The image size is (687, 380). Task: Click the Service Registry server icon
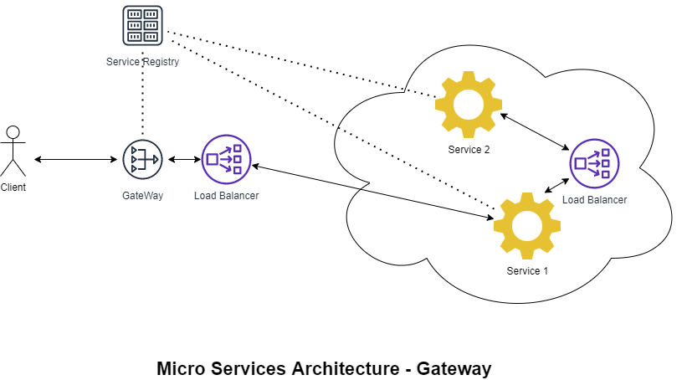click(x=142, y=26)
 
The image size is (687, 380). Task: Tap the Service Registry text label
click(x=142, y=62)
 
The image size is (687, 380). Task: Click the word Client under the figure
click(x=13, y=187)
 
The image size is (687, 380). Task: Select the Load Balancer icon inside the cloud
click(x=594, y=163)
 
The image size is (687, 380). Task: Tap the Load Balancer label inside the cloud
click(x=594, y=200)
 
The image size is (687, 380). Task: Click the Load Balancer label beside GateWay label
click(x=226, y=196)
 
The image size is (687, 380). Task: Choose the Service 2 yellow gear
click(x=468, y=105)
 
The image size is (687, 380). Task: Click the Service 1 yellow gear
click(x=526, y=225)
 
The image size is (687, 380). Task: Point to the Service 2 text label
click(x=468, y=150)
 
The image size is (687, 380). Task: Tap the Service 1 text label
click(x=527, y=271)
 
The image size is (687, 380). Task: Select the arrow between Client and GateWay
click(x=75, y=159)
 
